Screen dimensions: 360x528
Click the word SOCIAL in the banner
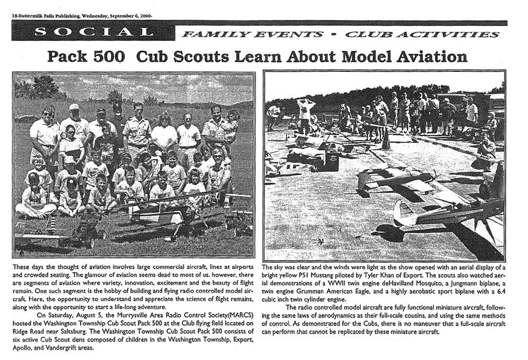coord(93,32)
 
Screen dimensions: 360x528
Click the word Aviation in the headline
coord(429,57)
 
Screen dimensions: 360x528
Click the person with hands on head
coord(306,114)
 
